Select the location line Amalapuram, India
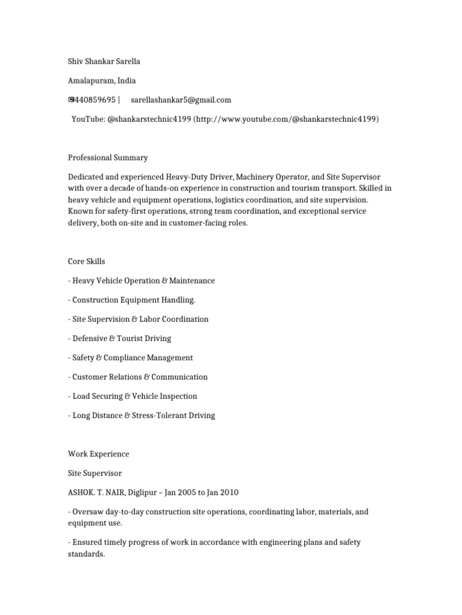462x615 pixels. click(x=102, y=80)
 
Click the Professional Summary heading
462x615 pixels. click(x=108, y=158)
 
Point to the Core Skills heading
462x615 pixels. click(x=87, y=261)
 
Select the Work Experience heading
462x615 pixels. click(x=98, y=454)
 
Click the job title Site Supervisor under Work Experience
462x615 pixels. click(x=94, y=473)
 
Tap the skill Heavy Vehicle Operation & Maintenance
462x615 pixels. click(x=143, y=280)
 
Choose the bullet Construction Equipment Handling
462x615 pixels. click(x=134, y=300)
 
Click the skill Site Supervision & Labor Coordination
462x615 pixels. click(x=140, y=319)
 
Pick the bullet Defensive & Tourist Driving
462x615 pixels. click(x=122, y=338)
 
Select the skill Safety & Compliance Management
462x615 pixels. click(x=132, y=357)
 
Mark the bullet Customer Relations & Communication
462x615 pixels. click(x=140, y=377)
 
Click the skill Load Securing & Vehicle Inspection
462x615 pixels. click(x=134, y=396)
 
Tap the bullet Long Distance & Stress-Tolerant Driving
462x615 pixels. click(x=143, y=415)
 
